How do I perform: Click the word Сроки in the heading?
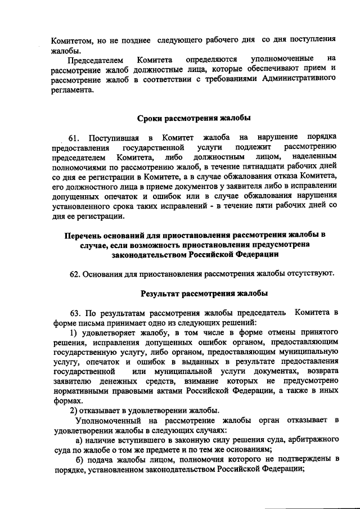(x=151, y=118)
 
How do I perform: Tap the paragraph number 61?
(x=75, y=137)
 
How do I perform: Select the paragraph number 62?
(x=76, y=274)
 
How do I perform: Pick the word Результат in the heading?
(x=161, y=293)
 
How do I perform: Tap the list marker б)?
(x=80, y=459)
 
